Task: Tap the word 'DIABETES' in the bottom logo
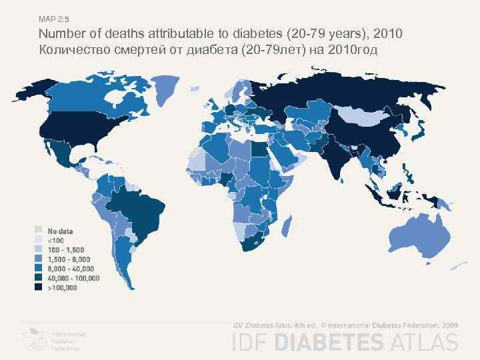point(337,343)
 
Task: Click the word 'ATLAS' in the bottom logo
point(427,343)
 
